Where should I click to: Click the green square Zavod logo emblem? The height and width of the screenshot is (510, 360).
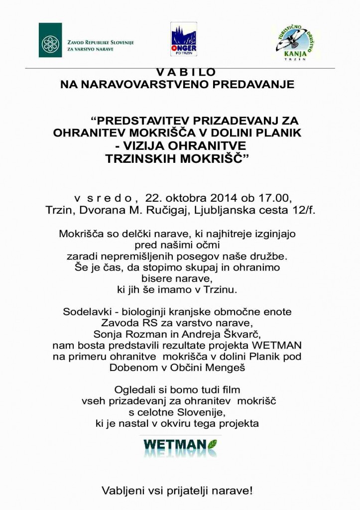pyautogui.click(x=50, y=40)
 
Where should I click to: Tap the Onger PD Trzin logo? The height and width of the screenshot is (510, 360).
pyautogui.click(x=183, y=39)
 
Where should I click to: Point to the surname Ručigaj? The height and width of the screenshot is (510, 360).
pyautogui.click(x=185, y=210)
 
